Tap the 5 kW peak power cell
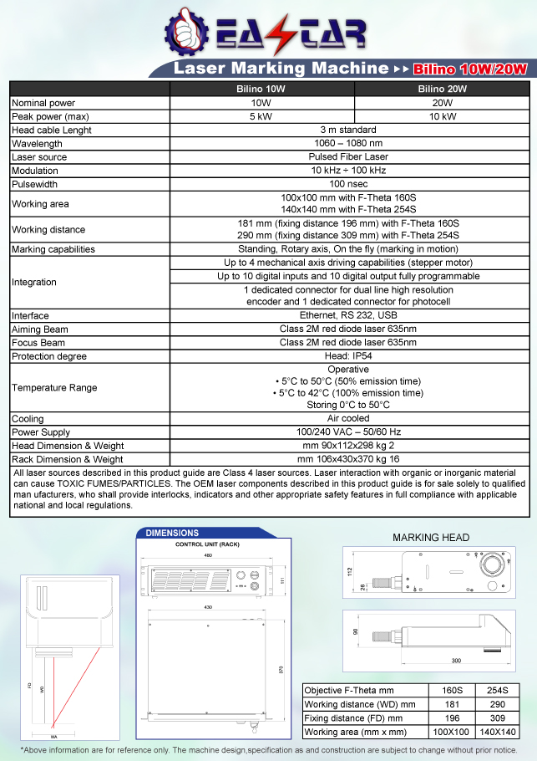(x=263, y=116)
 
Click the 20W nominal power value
(x=442, y=103)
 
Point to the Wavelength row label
(x=38, y=144)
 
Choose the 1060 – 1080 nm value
(x=348, y=144)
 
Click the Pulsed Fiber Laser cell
(x=348, y=157)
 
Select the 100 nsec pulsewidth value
(x=348, y=184)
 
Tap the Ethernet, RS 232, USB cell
(x=348, y=316)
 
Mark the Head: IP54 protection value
(x=348, y=356)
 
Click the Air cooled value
(x=348, y=419)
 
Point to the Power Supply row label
(x=42, y=432)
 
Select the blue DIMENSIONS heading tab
(x=173, y=533)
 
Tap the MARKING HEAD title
(x=431, y=538)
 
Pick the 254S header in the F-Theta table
(x=497, y=691)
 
